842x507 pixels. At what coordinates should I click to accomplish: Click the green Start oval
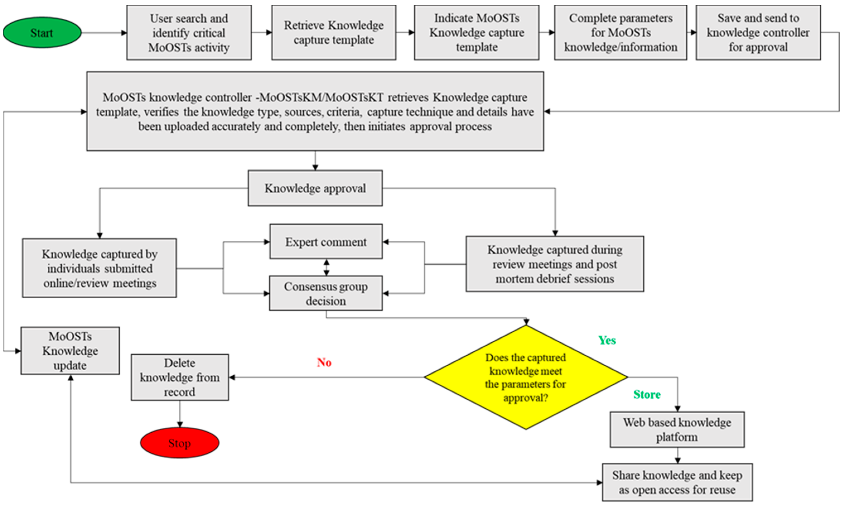pyautogui.click(x=42, y=33)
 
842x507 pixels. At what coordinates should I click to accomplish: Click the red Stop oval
pyautogui.click(x=179, y=443)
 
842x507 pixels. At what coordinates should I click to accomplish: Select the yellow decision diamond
pyautogui.click(x=526, y=377)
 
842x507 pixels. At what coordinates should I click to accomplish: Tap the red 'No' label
pyautogui.click(x=324, y=362)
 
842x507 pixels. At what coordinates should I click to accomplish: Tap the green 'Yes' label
pyautogui.click(x=607, y=340)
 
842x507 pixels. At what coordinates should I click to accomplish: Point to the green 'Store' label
pyautogui.click(x=647, y=394)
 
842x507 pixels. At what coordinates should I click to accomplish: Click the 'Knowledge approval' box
pyautogui.click(x=315, y=188)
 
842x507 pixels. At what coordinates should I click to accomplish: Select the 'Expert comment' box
pyautogui.click(x=326, y=242)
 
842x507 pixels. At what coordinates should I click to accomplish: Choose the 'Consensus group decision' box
pyautogui.click(x=326, y=293)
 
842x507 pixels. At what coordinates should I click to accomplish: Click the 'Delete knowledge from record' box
pyautogui.click(x=180, y=377)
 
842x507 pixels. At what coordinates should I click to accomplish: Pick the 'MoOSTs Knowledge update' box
pyautogui.click(x=70, y=351)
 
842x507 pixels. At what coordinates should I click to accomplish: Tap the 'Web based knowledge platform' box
pyautogui.click(x=677, y=430)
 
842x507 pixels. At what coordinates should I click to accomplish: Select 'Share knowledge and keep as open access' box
pyautogui.click(x=677, y=482)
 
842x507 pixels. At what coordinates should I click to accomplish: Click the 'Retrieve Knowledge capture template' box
pyautogui.click(x=334, y=32)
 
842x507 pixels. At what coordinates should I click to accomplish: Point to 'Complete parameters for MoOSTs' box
pyautogui.click(x=620, y=32)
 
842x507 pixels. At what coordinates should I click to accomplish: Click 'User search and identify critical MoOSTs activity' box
pyautogui.click(x=189, y=32)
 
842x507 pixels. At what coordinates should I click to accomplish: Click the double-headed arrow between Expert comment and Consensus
pyautogui.click(x=326, y=267)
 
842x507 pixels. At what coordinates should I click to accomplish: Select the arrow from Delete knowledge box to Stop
pyautogui.click(x=180, y=414)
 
